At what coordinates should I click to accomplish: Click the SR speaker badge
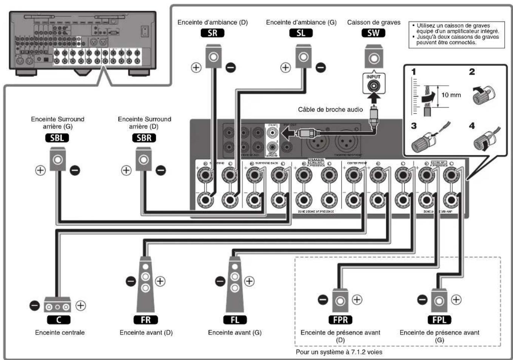tap(213, 33)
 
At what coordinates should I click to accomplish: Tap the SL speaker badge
tap(301, 33)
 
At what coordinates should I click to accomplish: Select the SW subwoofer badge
tap(373, 33)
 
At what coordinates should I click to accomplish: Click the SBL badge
tap(57, 138)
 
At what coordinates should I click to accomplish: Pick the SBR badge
tap(144, 138)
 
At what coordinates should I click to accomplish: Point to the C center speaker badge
tap(59, 320)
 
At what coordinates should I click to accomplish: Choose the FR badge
tap(146, 320)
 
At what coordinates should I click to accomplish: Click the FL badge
tap(235, 320)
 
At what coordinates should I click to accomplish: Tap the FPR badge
tap(340, 320)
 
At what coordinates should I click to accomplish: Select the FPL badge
tap(439, 320)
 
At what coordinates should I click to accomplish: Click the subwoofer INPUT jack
tap(373, 86)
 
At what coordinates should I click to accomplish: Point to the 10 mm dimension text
tap(451, 95)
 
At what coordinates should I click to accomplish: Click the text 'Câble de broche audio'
tap(330, 109)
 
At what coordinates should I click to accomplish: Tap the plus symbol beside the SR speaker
tap(196, 68)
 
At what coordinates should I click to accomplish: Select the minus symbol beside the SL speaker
tap(320, 68)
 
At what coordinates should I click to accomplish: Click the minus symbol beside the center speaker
tap(34, 305)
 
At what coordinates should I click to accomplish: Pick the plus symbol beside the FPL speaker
tap(456, 300)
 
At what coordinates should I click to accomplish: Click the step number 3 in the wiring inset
tap(414, 126)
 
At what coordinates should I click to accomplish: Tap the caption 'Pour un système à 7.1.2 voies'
tap(339, 352)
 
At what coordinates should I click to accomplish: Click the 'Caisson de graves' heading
tap(374, 22)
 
